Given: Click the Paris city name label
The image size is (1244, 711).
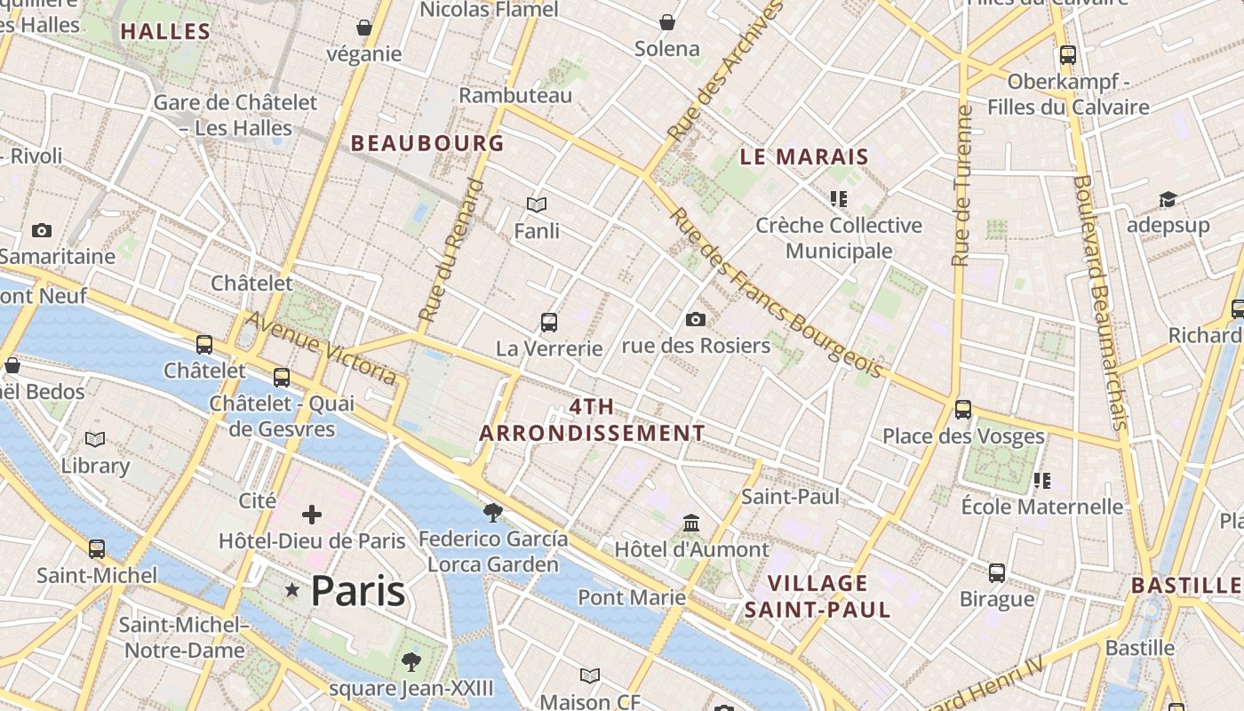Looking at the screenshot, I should pos(358,591).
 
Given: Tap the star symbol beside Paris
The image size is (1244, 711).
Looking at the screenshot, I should pos(291,590).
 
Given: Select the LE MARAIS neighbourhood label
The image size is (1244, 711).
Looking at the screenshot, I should pos(804,157).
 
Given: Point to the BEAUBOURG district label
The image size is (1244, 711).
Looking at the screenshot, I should pos(427,143).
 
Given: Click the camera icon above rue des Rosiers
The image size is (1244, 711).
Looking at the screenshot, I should pos(696,319).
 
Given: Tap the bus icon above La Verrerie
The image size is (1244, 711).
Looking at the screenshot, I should pos(549,322).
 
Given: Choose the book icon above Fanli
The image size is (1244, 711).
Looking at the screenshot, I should pos(537,205).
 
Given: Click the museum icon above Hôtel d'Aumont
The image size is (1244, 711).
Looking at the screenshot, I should pos(690,523).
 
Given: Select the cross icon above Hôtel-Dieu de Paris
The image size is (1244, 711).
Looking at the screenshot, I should pos(312,515).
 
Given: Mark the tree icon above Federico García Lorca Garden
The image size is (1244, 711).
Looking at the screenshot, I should pos(492,512).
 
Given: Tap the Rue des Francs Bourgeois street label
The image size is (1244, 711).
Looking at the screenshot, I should pos(775,292).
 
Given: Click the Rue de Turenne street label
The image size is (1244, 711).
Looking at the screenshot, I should pos(961,186).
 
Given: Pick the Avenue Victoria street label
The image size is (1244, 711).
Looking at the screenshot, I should pos(321,348).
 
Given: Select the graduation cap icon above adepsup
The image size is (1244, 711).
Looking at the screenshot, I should pos(1168,200).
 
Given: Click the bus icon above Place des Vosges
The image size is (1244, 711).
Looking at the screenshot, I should pos(963,410).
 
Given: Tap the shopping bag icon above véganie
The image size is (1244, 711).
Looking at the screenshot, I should pos(363,28).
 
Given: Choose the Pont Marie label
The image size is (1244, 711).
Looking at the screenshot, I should pos(632,597).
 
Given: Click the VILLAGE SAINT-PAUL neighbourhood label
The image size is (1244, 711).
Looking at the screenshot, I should pos(817,596).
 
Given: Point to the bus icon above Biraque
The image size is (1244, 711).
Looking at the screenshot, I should pos(997,573).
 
